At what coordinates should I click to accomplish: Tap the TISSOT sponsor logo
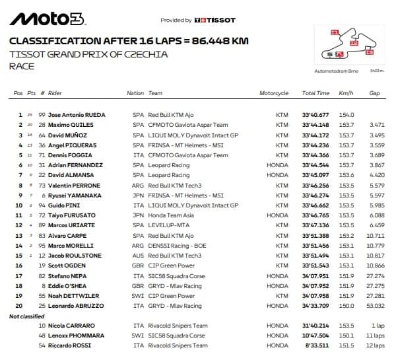click(x=217, y=20)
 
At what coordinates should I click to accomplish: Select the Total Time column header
click(x=315, y=93)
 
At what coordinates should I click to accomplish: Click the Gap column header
click(x=374, y=93)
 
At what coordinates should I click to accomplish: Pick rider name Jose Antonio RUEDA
click(x=77, y=114)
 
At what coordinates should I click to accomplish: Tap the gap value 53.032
click(x=376, y=306)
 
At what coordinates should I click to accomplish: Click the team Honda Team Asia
click(x=171, y=215)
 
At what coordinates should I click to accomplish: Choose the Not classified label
click(x=27, y=316)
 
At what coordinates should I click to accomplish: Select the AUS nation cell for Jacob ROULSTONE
click(x=138, y=256)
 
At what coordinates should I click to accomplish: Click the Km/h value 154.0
click(x=347, y=114)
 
